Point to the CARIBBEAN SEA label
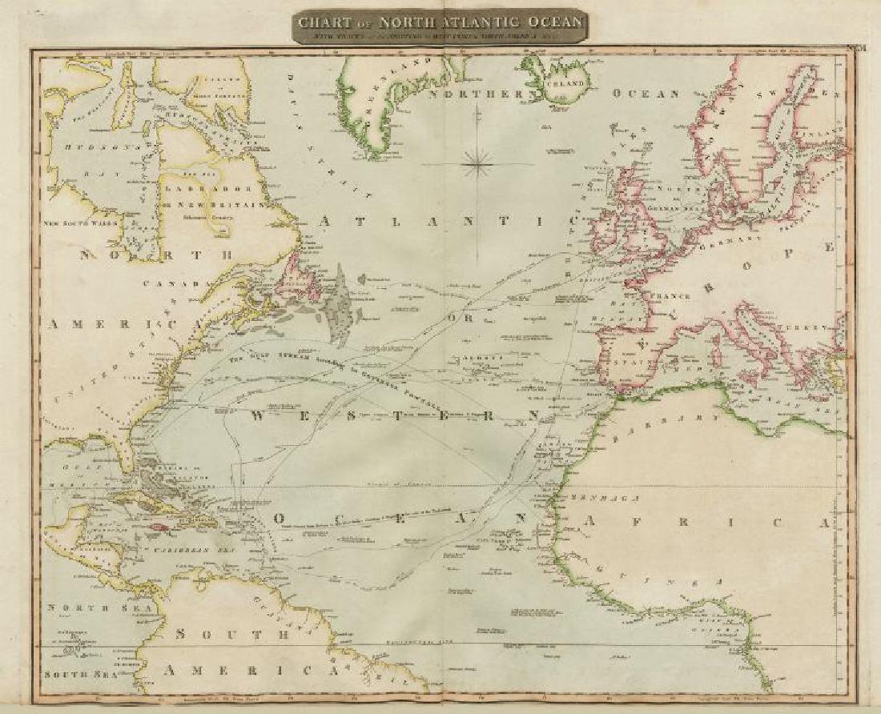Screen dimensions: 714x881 click(173, 551)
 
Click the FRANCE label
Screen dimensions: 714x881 click(674, 295)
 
